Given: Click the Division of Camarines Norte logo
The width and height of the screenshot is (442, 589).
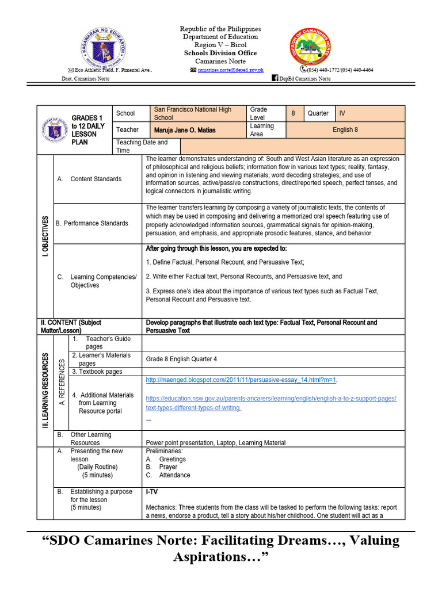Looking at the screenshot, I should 311,46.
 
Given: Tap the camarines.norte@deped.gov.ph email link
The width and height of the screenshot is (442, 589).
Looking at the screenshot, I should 230,70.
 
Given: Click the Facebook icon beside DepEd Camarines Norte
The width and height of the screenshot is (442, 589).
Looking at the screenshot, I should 275,78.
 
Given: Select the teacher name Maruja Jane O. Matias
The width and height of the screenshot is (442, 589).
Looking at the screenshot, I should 185,130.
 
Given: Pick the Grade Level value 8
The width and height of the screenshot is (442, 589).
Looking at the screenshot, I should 293,113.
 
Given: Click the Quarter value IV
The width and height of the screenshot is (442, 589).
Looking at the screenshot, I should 343,113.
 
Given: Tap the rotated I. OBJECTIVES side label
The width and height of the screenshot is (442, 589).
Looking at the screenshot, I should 45,236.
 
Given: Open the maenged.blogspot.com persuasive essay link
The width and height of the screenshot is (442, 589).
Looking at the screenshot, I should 242,380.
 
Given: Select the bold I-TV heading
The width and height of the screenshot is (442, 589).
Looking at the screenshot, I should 153,492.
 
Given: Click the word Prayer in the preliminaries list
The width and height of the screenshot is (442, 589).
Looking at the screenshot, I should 168,467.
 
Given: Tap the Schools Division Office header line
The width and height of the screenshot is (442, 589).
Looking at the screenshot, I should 220,53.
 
